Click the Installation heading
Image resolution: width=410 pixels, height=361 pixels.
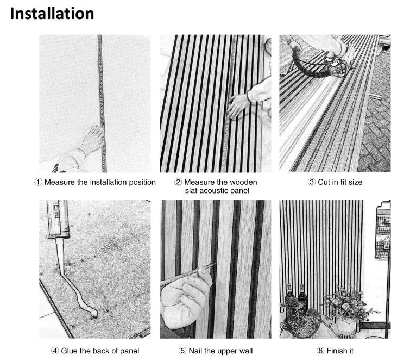click(52, 13)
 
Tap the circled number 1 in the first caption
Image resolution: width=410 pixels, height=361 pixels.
click(39, 182)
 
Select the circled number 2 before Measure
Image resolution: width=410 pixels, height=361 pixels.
click(178, 182)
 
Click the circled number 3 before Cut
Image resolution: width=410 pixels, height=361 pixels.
click(312, 182)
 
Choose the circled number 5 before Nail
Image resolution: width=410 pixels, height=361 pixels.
click(184, 351)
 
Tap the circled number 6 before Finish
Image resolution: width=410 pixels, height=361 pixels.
click(321, 351)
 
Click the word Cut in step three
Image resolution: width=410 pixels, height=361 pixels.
click(325, 182)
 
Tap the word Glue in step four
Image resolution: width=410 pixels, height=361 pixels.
click(70, 351)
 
